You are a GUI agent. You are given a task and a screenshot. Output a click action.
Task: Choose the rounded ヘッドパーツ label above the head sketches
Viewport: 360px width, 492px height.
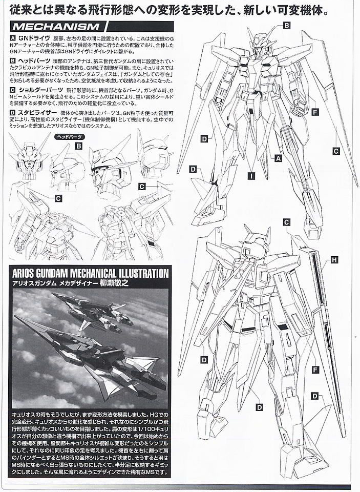(69, 137)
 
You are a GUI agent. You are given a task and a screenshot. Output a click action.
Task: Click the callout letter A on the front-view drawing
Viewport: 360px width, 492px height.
(279, 158)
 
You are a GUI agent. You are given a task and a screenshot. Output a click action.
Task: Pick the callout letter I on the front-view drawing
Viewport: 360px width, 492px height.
(251, 176)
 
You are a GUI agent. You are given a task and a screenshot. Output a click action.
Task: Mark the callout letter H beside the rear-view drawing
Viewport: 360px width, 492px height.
(334, 260)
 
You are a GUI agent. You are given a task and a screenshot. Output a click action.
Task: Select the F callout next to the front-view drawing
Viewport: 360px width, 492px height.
(315, 111)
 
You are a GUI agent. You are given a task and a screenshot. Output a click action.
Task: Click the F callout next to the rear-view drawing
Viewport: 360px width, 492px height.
(315, 369)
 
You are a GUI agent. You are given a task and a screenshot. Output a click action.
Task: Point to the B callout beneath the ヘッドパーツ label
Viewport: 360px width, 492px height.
(78, 146)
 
